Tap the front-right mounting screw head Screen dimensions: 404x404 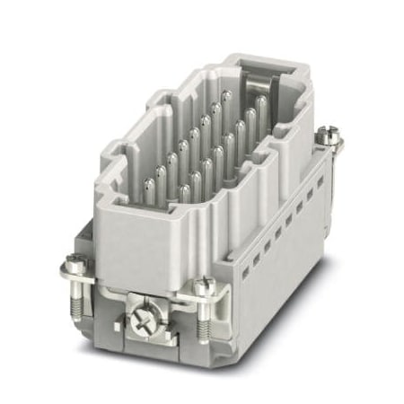tap(204, 289)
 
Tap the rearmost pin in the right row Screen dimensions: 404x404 tap(261, 106)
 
